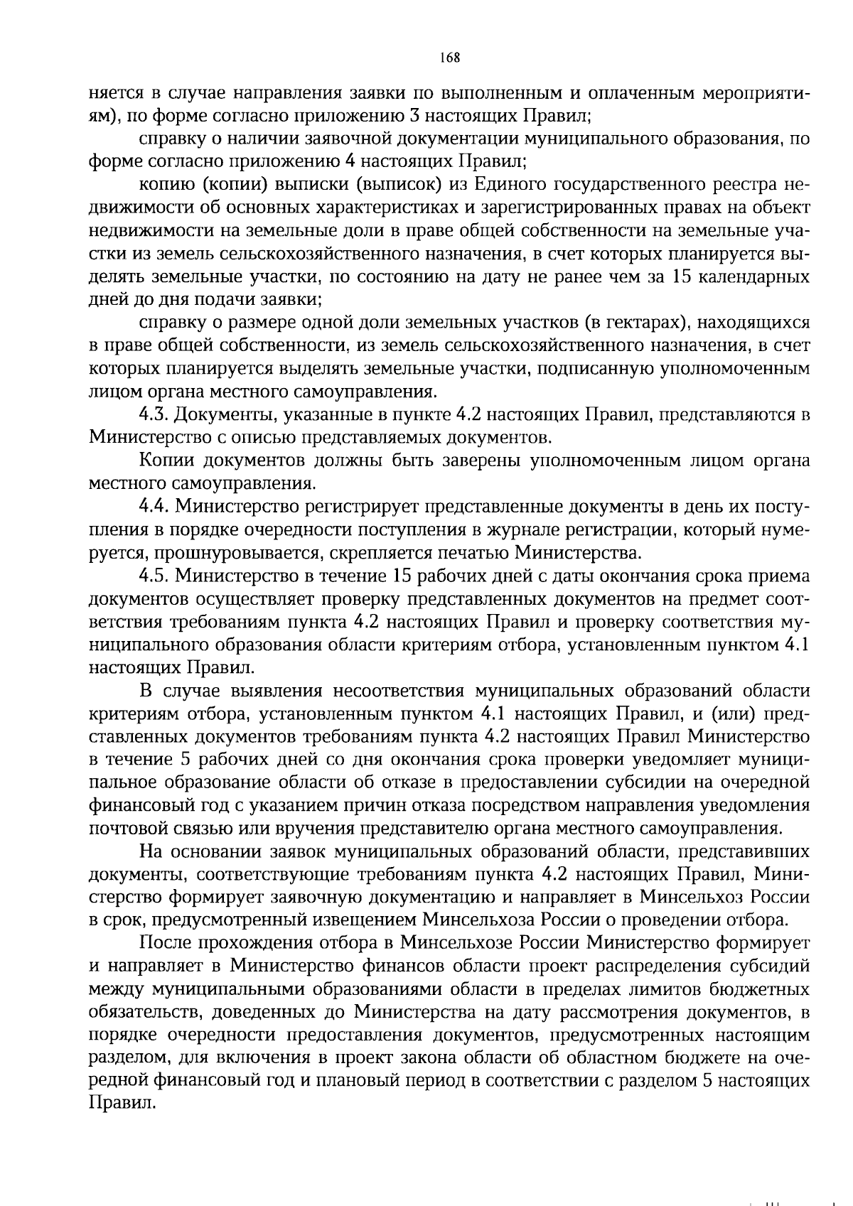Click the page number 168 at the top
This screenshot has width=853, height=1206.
pyautogui.click(x=450, y=58)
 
